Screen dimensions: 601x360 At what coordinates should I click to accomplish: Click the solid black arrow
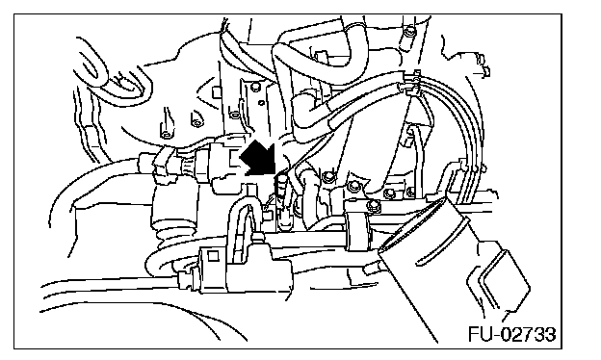258,159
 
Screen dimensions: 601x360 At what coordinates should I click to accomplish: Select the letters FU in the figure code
480,334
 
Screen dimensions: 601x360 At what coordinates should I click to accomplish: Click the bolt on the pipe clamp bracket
372,206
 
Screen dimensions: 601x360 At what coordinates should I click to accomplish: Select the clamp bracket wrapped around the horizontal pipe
358,230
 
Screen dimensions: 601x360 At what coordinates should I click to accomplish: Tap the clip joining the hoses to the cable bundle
412,83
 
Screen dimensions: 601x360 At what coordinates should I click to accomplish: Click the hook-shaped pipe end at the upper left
111,75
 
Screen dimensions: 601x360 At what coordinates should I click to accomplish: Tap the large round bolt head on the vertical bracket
328,176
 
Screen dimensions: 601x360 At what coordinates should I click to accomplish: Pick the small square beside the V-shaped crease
216,92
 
